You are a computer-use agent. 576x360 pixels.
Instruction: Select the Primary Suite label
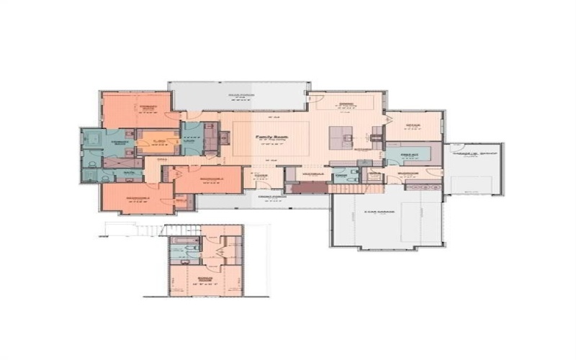(x=148, y=106)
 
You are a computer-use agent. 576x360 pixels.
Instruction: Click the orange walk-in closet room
(x=159, y=141)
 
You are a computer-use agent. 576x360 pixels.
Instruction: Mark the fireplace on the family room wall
(x=222, y=138)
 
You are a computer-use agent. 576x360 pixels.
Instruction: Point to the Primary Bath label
(x=120, y=142)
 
